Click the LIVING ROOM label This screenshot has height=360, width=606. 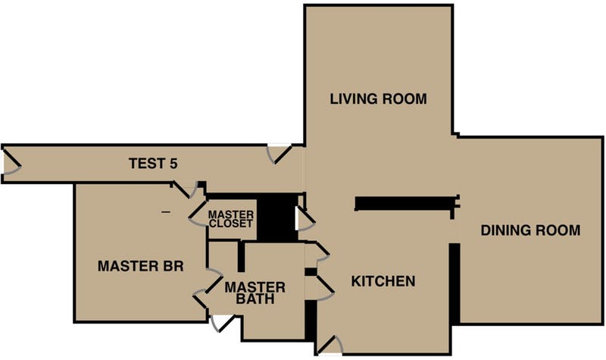pyautogui.click(x=378, y=99)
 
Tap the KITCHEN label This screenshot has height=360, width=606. pyautogui.click(x=383, y=281)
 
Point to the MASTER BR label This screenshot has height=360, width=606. pyautogui.click(x=140, y=266)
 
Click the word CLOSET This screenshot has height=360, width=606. pyautogui.click(x=231, y=223)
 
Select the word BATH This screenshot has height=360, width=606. pyautogui.click(x=255, y=299)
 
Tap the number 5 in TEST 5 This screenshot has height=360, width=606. pyautogui.click(x=173, y=164)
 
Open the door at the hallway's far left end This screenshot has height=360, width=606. pyautogui.click(x=11, y=163)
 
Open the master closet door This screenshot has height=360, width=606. pyautogui.click(x=198, y=214)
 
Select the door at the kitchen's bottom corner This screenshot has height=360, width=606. pyautogui.click(x=329, y=345)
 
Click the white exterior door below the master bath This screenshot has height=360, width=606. pyautogui.click(x=223, y=324)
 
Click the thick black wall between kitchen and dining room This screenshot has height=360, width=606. pyautogui.click(x=454, y=283)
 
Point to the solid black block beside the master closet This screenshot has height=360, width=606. pyautogui.click(x=277, y=218)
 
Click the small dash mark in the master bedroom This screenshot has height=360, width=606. pyautogui.click(x=166, y=212)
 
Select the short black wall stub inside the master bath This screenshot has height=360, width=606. pyautogui.click(x=241, y=256)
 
